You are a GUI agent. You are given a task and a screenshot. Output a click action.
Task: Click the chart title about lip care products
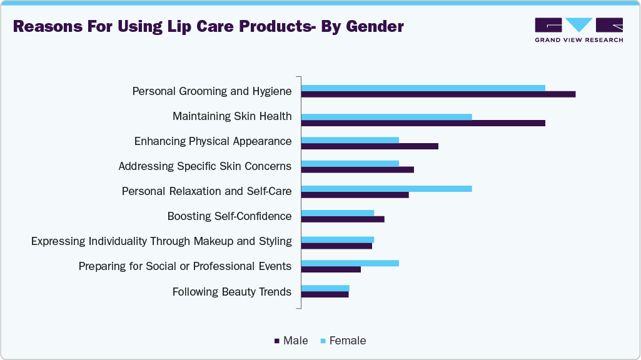tap(208, 27)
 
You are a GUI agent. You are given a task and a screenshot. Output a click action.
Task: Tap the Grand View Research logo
tap(578, 29)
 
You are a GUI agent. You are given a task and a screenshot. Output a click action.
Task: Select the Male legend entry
tap(291, 341)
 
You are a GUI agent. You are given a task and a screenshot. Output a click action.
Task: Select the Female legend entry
tap(343, 341)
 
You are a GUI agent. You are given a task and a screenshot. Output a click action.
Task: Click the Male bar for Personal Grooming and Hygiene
tap(438, 94)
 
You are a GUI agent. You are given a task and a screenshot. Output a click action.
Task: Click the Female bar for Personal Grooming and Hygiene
tap(423, 87)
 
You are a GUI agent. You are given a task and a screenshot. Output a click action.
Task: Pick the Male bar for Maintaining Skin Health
tap(423, 123)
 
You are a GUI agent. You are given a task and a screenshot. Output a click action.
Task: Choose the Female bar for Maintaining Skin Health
tap(386, 116)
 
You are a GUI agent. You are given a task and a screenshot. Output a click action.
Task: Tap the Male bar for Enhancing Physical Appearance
tap(370, 146)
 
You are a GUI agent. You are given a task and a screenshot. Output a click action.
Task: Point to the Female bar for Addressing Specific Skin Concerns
tap(350, 164)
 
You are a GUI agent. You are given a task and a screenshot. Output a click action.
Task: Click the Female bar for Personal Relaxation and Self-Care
tap(386, 188)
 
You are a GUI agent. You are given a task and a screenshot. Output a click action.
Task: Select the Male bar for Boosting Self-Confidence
tap(343, 219)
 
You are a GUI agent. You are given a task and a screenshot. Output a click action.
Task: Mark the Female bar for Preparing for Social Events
tap(350, 262)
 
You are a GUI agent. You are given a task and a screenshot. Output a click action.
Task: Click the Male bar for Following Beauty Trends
tap(325, 294)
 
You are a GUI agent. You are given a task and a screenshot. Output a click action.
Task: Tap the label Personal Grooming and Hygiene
tap(212, 91)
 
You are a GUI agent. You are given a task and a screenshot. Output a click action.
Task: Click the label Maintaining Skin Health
tap(232, 116)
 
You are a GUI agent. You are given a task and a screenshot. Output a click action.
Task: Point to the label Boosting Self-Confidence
tap(230, 216)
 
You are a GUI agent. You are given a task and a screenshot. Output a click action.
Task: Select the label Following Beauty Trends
tap(232, 291)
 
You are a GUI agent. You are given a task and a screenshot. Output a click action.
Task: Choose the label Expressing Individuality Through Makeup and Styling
tap(161, 241)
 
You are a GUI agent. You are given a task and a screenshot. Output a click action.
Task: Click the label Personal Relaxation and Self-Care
tap(206, 191)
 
